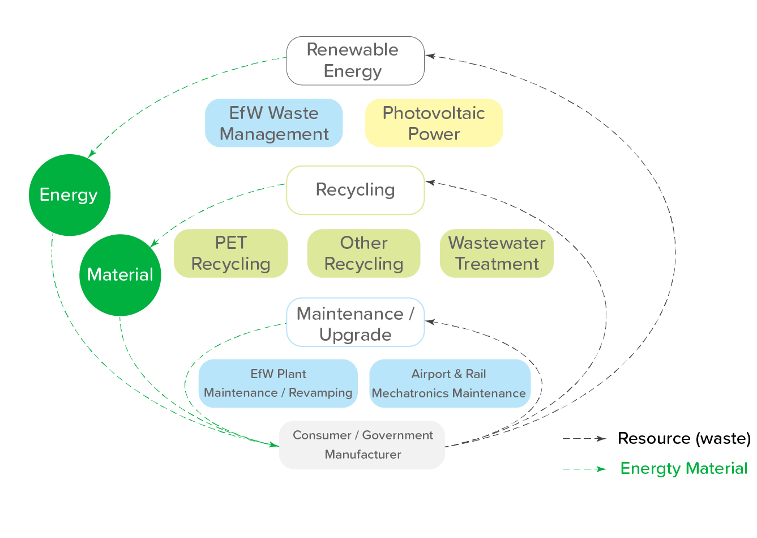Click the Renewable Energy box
(x=355, y=61)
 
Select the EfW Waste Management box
(x=274, y=123)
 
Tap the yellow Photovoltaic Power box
(x=434, y=123)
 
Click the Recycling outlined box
(x=355, y=190)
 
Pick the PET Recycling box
(x=230, y=253)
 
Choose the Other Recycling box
(x=363, y=253)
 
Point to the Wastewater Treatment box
(x=497, y=253)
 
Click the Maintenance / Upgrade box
(x=355, y=322)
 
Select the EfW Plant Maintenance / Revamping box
(x=278, y=383)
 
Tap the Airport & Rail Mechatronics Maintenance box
(x=450, y=383)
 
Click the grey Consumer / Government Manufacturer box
(x=362, y=445)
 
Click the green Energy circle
(x=70, y=195)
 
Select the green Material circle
(x=120, y=275)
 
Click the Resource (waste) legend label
(x=683, y=438)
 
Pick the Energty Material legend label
(x=683, y=469)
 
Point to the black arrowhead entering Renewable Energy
(x=430, y=56)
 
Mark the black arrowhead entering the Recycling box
(x=430, y=183)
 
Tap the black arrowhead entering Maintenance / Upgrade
(x=430, y=321)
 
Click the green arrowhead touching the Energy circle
(x=92, y=153)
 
